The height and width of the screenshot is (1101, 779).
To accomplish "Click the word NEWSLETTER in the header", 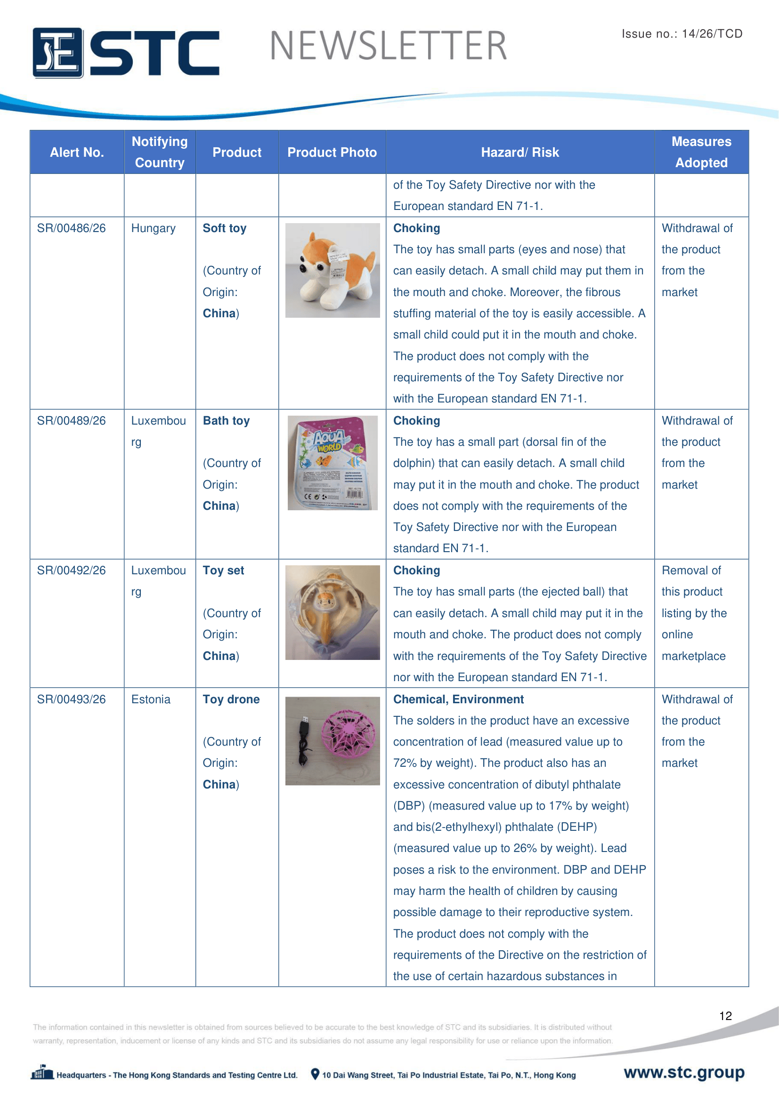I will pyautogui.click(x=388, y=46).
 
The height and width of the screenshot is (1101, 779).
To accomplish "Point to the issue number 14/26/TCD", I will pyautogui.click(x=712, y=33).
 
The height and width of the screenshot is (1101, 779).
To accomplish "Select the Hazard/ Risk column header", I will pyautogui.click(x=519, y=153).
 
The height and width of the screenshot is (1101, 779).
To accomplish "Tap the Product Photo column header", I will pyautogui.click(x=332, y=153).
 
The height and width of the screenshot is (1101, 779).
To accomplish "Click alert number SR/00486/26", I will pyautogui.click(x=72, y=228).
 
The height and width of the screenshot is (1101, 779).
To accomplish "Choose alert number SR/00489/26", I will pyautogui.click(x=72, y=420).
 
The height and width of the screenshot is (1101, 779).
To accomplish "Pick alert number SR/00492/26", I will pyautogui.click(x=72, y=570).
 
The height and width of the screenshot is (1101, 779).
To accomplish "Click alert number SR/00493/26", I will pyautogui.click(x=72, y=699).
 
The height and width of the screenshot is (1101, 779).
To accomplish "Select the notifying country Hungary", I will pyautogui.click(x=154, y=228).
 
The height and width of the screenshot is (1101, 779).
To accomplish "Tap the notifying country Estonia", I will pyautogui.click(x=151, y=699).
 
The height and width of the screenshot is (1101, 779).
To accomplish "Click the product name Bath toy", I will pyautogui.click(x=226, y=420).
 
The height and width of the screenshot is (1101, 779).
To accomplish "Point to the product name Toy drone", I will pyautogui.click(x=231, y=699).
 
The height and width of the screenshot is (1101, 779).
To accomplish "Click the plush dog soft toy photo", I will pyautogui.click(x=333, y=270).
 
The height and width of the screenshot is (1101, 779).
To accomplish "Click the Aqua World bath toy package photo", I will pyautogui.click(x=333, y=463).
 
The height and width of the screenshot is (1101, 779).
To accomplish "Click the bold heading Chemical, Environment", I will pyautogui.click(x=458, y=699).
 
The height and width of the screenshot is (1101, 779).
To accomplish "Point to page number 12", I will pyautogui.click(x=725, y=1016).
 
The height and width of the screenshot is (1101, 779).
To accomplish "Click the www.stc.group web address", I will pyautogui.click(x=684, y=1072).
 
